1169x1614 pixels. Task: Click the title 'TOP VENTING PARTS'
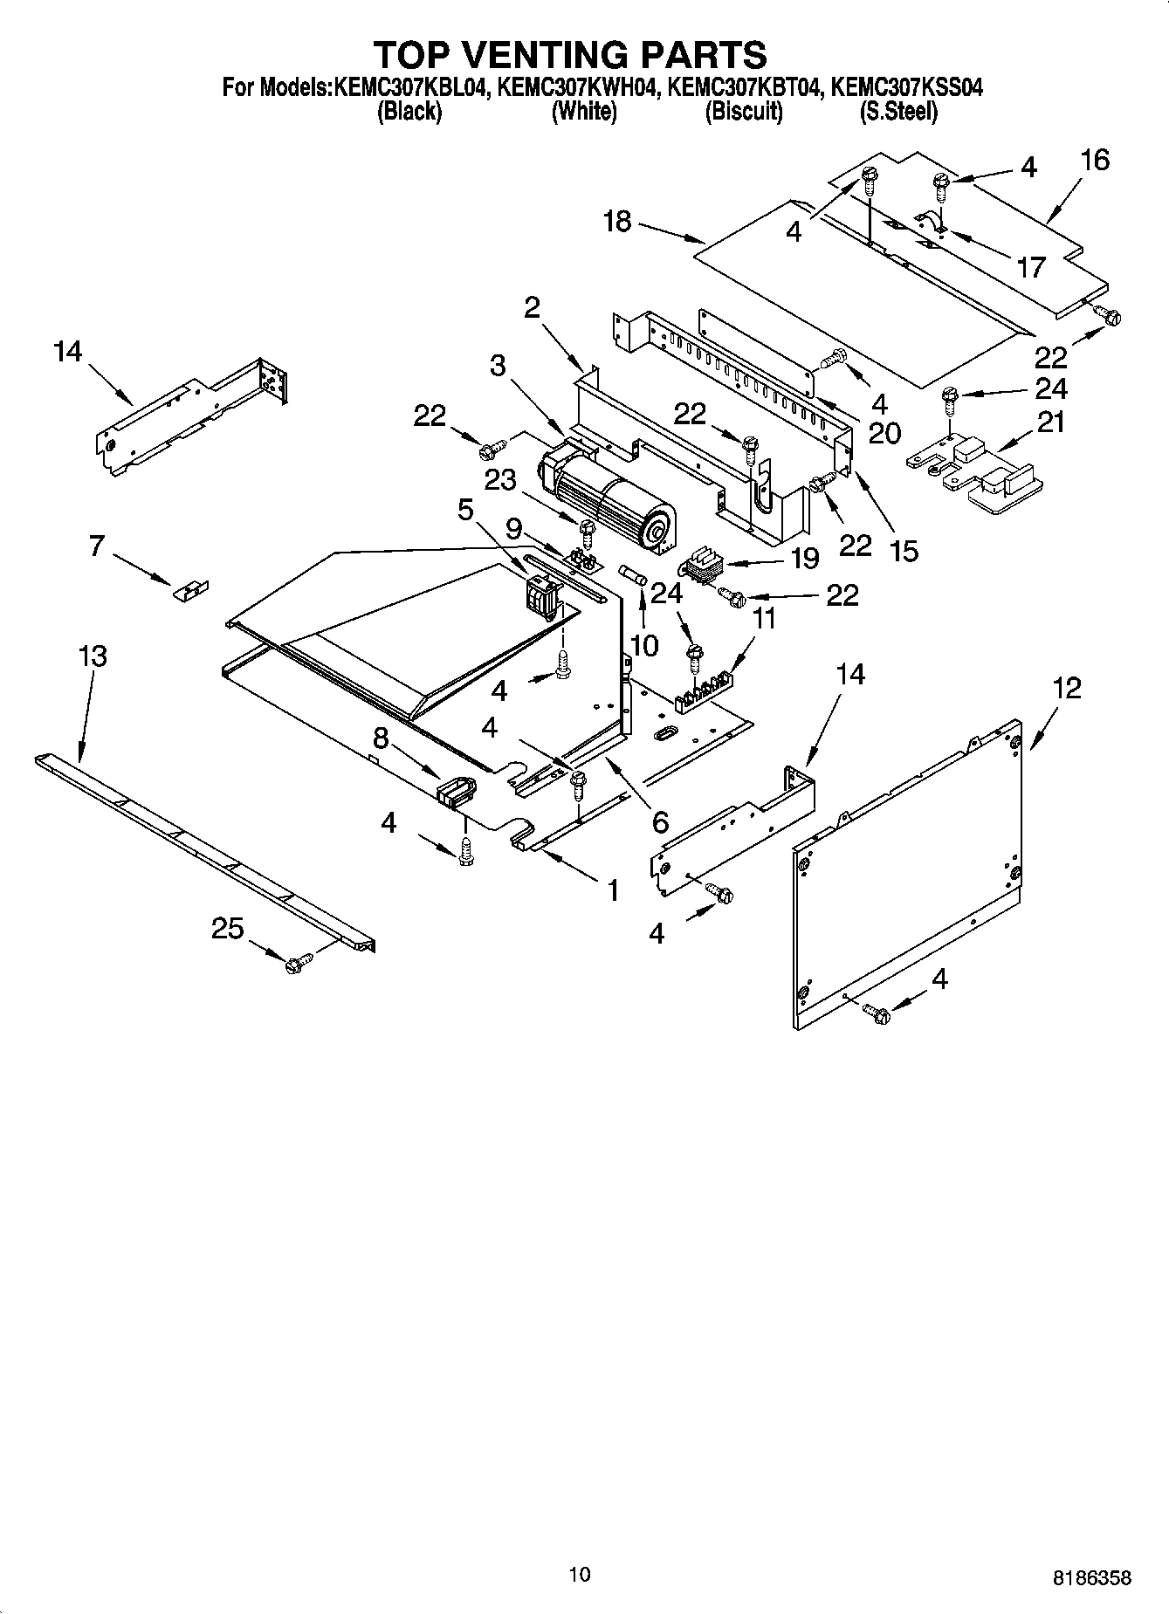point(570,54)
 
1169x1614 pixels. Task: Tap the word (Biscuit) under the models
point(743,112)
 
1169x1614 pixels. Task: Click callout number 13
point(93,656)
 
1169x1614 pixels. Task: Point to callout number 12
point(1066,688)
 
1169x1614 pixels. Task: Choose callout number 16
point(1094,160)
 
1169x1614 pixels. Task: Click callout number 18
point(616,222)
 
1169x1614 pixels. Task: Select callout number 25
point(227,929)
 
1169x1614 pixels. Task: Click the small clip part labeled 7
point(190,591)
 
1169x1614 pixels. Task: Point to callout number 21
point(1051,422)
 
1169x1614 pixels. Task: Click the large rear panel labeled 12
point(908,873)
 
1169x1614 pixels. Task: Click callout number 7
point(96,546)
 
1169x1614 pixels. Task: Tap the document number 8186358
point(1091,1578)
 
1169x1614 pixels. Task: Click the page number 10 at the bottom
point(579,1575)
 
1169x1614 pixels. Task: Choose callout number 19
point(804,558)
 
